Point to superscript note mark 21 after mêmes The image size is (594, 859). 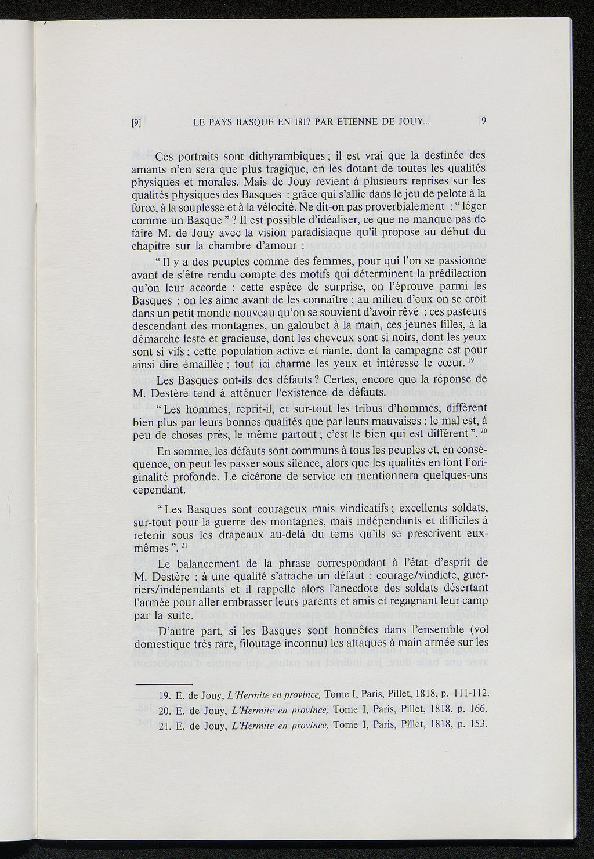[x=183, y=544]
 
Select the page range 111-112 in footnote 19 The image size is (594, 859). [x=467, y=694]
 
